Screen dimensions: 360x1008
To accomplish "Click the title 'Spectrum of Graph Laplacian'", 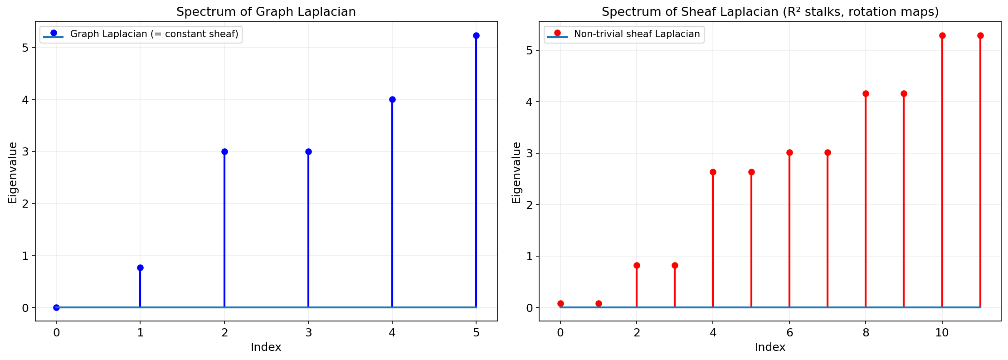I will pyautogui.click(x=266, y=12).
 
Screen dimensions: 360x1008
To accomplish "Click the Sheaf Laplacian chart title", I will pyautogui.click(x=770, y=12).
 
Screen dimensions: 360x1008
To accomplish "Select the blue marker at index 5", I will pyautogui.click(x=476, y=36).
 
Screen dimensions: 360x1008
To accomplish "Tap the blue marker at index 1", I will pyautogui.click(x=140, y=268).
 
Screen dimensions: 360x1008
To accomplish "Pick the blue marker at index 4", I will pyautogui.click(x=392, y=99).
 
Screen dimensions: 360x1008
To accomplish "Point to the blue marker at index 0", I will pyautogui.click(x=56, y=307).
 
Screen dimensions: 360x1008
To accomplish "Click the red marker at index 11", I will pyautogui.click(x=980, y=36).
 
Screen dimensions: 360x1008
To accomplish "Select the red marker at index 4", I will pyautogui.click(x=713, y=172).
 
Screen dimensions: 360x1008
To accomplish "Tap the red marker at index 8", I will pyautogui.click(x=866, y=93).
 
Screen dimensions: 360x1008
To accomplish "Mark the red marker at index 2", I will pyautogui.click(x=637, y=265).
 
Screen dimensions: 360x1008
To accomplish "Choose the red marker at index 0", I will pyautogui.click(x=560, y=303).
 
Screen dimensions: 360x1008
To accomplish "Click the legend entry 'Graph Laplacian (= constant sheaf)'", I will pyautogui.click(x=154, y=34).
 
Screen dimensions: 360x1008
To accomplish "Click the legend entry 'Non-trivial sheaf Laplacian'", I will pyautogui.click(x=637, y=34).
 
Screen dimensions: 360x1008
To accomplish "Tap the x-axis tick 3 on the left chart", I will pyautogui.click(x=308, y=333).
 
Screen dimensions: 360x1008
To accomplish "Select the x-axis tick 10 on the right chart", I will pyautogui.click(x=942, y=333).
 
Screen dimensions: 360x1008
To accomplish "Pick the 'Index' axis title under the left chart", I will pyautogui.click(x=266, y=347).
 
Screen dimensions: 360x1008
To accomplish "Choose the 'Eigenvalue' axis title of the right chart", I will pyautogui.click(x=516, y=172).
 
